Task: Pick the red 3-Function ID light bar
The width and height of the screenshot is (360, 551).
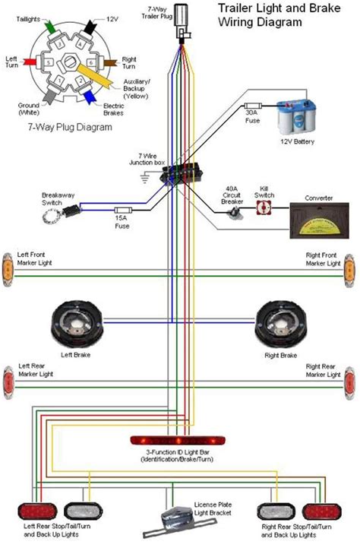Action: [x=180, y=440]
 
